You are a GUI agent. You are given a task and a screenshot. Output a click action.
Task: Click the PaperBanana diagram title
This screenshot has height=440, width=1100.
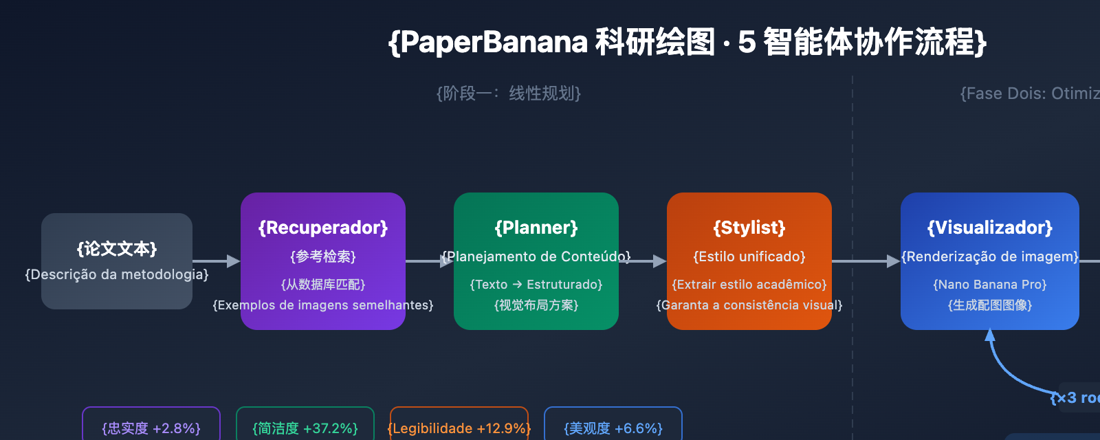(687, 43)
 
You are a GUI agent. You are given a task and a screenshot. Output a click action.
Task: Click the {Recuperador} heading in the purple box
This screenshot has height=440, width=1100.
(323, 228)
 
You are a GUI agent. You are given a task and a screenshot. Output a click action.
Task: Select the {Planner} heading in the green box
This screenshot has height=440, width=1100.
(536, 228)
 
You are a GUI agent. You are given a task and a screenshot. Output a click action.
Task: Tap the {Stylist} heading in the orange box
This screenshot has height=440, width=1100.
(749, 228)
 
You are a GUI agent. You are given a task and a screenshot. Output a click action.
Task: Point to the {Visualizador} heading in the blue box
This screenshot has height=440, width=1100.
(990, 228)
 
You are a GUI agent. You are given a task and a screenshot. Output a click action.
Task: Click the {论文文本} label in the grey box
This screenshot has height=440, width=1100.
(117, 248)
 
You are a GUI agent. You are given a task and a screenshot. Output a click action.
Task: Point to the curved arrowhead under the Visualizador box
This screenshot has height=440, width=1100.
(990, 335)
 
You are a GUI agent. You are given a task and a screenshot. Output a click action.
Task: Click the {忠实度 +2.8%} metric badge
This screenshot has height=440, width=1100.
(151, 428)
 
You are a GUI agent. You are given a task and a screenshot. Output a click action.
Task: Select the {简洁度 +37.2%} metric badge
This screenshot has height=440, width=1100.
(305, 428)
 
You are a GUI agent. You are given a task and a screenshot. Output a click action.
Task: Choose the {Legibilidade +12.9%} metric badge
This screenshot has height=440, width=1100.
(459, 428)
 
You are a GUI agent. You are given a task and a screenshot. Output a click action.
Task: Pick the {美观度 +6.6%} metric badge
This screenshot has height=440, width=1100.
(613, 428)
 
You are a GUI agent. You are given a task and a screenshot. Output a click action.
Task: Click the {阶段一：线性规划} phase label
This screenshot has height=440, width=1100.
(509, 93)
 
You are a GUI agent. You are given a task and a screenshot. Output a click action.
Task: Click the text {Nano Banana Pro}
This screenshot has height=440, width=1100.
(990, 285)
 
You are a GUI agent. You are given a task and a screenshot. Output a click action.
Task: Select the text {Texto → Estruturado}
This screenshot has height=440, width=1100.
(536, 285)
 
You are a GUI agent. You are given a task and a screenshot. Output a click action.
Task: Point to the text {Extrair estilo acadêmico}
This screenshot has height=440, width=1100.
(749, 285)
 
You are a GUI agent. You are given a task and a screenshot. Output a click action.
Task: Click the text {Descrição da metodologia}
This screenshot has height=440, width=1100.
(117, 274)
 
